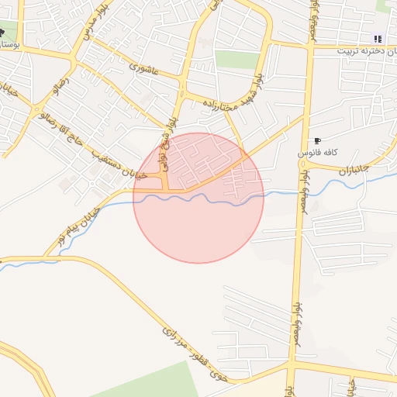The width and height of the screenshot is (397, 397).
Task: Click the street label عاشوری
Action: tap(144, 69)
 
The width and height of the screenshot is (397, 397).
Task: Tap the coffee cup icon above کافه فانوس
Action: tap(316, 140)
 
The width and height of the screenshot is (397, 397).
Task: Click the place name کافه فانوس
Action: tap(316, 154)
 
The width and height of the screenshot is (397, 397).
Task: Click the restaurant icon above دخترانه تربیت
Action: tap(378, 39)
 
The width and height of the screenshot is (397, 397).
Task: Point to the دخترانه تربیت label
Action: tap(365, 50)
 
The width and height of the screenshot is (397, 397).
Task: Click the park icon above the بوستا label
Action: tap(2, 33)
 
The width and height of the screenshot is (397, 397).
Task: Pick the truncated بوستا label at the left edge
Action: tap(9, 47)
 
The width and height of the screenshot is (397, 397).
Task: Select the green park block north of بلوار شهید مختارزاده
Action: tap(236, 60)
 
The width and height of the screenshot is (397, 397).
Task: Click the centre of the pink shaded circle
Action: tap(198, 198)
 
